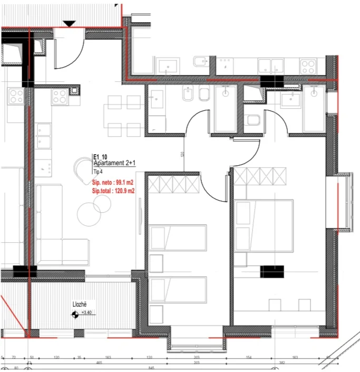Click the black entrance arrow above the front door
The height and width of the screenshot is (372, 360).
click(x=69, y=23)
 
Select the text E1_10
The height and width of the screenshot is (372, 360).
click(x=100, y=157)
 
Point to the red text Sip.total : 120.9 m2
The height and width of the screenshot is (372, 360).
click(x=113, y=191)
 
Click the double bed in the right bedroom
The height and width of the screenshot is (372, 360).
click(x=264, y=225)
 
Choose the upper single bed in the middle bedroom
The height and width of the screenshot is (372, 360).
click(x=177, y=237)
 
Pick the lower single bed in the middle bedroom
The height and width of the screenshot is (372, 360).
click(x=177, y=289)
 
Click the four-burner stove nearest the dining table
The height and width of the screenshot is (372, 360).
click(x=60, y=96)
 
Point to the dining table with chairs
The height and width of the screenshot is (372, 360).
click(x=123, y=113)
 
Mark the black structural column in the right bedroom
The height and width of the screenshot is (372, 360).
click(x=272, y=271)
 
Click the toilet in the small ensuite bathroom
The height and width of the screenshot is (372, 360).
click(x=253, y=120)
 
